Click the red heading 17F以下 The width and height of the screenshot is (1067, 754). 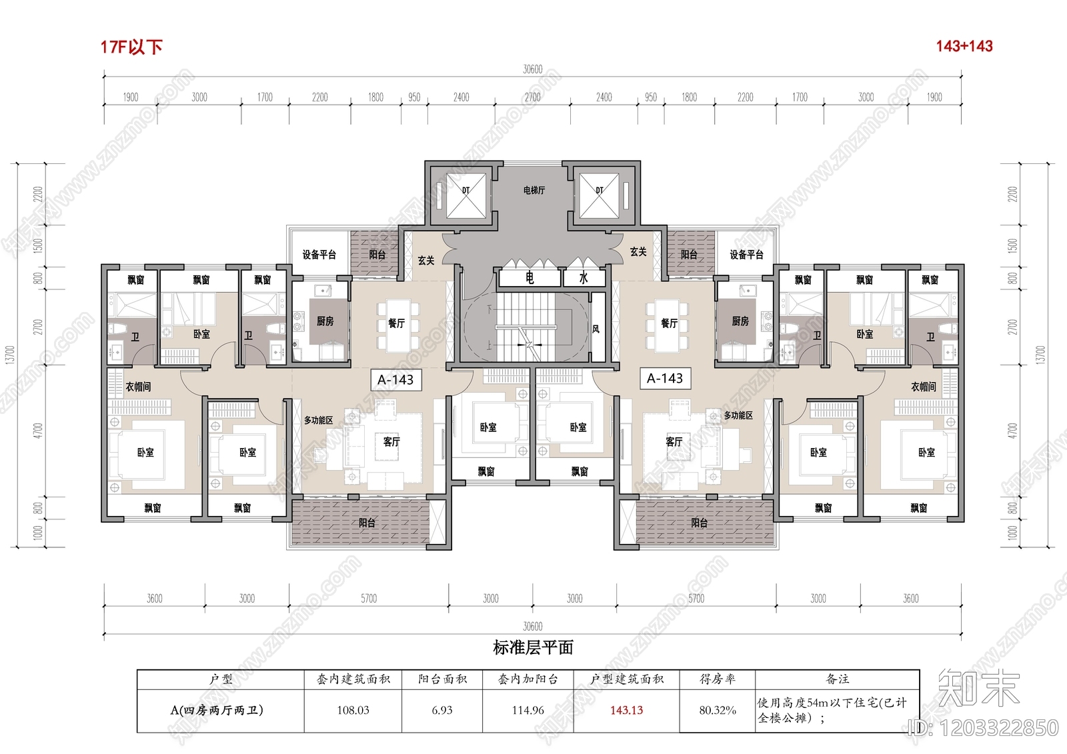pyautogui.click(x=131, y=47)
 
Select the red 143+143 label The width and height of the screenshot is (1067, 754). pyautogui.click(x=964, y=46)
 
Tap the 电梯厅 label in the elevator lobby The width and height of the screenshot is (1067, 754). pyautogui.click(x=533, y=191)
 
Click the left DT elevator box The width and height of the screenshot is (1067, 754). pyautogui.click(x=465, y=195)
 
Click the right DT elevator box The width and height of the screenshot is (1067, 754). pyautogui.click(x=599, y=195)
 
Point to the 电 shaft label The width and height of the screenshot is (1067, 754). pyautogui.click(x=529, y=277)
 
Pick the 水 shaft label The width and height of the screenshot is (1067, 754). pyautogui.click(x=584, y=277)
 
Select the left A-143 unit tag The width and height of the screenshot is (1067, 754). pyautogui.click(x=395, y=380)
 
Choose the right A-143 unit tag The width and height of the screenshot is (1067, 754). pyautogui.click(x=665, y=379)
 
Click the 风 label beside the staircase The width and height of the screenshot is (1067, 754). pyautogui.click(x=596, y=329)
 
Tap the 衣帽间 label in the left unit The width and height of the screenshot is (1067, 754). pyautogui.click(x=138, y=387)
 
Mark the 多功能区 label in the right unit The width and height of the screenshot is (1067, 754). pyautogui.click(x=738, y=415)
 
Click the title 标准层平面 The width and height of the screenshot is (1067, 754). pyautogui.click(x=533, y=647)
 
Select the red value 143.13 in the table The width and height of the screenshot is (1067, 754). pyautogui.click(x=626, y=711)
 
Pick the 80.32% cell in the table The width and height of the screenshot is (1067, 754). pyautogui.click(x=717, y=711)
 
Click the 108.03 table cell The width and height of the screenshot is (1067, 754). pyautogui.click(x=353, y=711)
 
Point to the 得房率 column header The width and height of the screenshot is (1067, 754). pyautogui.click(x=717, y=679)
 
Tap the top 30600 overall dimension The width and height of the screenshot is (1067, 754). pyautogui.click(x=532, y=69)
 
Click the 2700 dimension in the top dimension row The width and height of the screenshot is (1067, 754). pyautogui.click(x=532, y=97)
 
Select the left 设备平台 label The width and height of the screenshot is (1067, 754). pyautogui.click(x=319, y=255)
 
